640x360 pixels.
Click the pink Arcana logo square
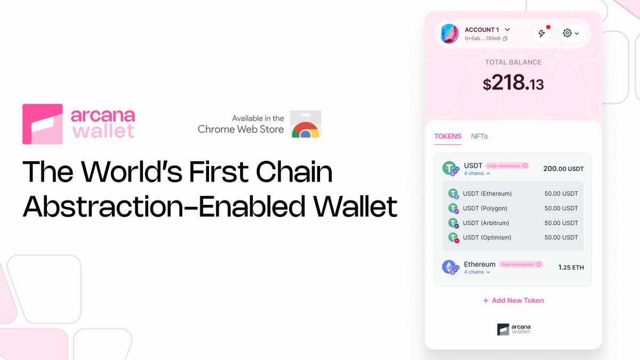[x=43, y=124]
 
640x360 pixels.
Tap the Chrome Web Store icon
[x=306, y=125]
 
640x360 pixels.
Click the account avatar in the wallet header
[x=450, y=34]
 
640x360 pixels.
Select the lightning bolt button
[x=541, y=34]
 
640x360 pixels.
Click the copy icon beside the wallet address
[x=505, y=38]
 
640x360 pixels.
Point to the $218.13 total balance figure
[x=513, y=83]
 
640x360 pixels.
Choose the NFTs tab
[x=479, y=136]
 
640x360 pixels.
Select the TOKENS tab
[x=447, y=136]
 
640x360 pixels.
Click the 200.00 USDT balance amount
[x=563, y=169]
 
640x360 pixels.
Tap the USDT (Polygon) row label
[x=485, y=208]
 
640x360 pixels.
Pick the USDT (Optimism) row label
[x=487, y=237]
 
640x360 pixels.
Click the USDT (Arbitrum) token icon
[x=453, y=223]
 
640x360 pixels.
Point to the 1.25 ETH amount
[x=571, y=267]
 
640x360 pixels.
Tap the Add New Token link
[x=513, y=300]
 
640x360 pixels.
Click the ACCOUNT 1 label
[x=482, y=30]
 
